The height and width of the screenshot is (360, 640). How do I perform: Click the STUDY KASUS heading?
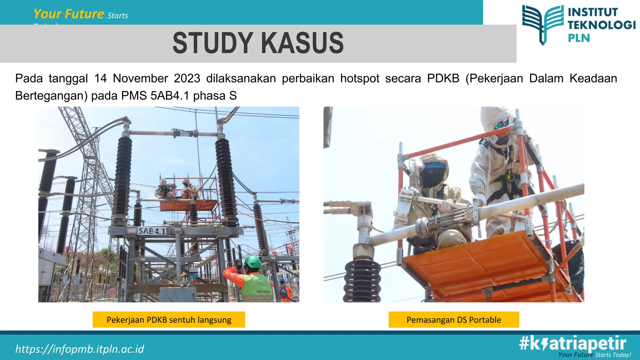coord(258,43)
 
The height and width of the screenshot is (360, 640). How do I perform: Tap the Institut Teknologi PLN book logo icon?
coord(543,24)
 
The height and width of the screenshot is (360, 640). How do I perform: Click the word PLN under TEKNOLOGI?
coord(579,38)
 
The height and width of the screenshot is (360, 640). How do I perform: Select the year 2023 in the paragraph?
coord(187,78)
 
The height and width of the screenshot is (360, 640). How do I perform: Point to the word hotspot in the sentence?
coord(360,78)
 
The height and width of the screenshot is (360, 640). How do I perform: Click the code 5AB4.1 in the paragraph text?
coord(170,96)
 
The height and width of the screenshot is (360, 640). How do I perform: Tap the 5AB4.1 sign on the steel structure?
coord(152,231)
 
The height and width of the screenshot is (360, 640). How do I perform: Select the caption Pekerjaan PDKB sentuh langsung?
coord(169,320)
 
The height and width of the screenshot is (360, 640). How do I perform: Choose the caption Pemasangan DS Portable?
coord(454,320)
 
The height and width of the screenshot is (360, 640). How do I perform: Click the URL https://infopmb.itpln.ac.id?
coord(80,349)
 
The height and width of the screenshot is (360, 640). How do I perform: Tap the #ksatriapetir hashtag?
coord(572,344)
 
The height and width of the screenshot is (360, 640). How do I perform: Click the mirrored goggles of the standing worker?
coord(502,124)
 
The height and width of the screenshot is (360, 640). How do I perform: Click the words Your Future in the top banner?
coord(69,14)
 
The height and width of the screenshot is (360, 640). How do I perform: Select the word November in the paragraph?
coord(140,78)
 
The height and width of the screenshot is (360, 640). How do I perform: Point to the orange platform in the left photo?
coord(187,205)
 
